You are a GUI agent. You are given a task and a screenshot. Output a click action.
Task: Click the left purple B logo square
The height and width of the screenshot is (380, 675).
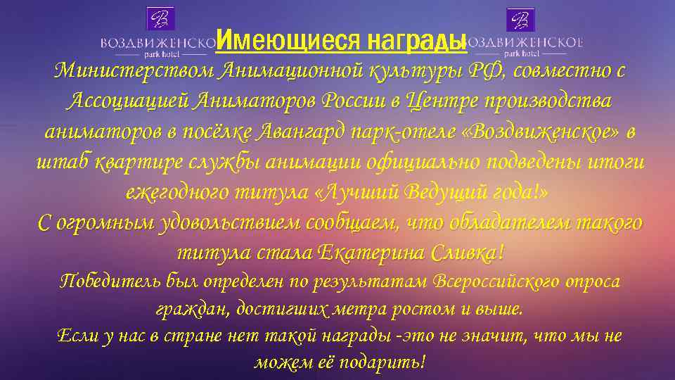tap(160, 19)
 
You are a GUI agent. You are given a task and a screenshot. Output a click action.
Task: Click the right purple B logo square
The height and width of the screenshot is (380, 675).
tap(521, 19)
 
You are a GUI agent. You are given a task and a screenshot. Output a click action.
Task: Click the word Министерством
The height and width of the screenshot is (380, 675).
tap(134, 71)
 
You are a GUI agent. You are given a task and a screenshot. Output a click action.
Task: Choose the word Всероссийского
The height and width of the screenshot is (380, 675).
tap(491, 281)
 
